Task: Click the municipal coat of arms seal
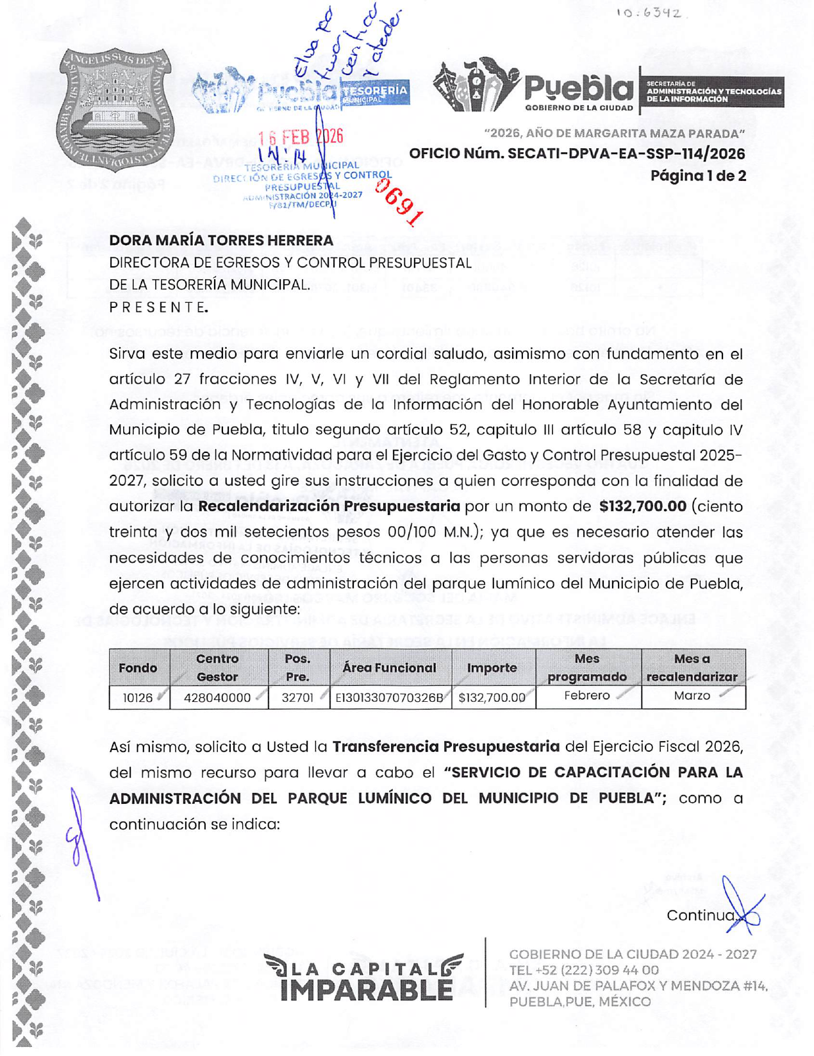(x=116, y=109)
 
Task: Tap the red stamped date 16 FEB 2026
(x=300, y=137)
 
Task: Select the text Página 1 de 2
(x=698, y=176)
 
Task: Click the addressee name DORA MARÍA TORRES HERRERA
(x=221, y=241)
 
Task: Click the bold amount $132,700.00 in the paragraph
(x=642, y=506)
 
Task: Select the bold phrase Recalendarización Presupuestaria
(x=329, y=506)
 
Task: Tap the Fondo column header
(x=138, y=668)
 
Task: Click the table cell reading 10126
(x=138, y=697)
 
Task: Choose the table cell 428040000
(x=217, y=697)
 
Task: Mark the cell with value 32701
(x=297, y=697)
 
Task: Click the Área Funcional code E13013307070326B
(x=390, y=697)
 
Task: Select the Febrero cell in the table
(x=587, y=696)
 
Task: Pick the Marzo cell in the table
(x=692, y=696)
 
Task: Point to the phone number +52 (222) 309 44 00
(x=593, y=970)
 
